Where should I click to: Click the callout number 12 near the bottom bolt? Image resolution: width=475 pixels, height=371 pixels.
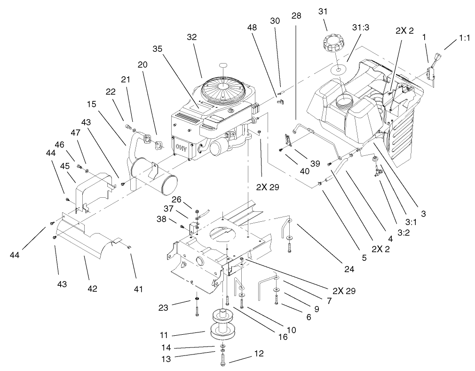click(258, 353)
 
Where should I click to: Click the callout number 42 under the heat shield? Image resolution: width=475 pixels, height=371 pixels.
click(92, 288)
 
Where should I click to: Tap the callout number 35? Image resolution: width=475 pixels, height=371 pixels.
click(158, 48)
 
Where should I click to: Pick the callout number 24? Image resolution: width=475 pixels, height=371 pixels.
click(348, 270)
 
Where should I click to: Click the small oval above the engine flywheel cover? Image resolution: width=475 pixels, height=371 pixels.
click(224, 65)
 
